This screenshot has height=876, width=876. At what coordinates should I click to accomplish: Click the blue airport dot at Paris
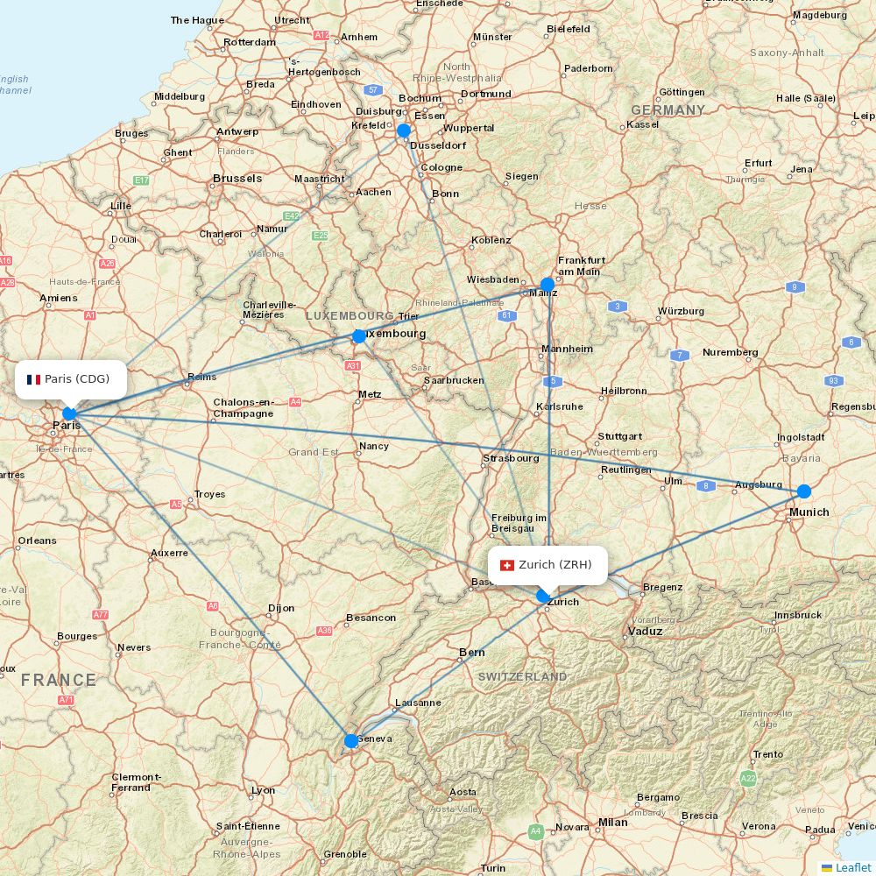coord(69,413)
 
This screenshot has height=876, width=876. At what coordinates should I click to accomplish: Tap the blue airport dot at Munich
coord(803,491)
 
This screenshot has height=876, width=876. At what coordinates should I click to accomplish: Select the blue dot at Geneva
coord(351,741)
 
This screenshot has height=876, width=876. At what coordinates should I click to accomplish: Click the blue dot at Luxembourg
coord(358,336)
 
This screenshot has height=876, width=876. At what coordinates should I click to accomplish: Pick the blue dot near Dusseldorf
coord(404,131)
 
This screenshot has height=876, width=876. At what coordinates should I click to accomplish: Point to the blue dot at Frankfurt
coord(547,284)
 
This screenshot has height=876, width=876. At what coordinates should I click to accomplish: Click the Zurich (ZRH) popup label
coord(555,564)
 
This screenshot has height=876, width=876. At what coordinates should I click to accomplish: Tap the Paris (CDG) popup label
coord(77,378)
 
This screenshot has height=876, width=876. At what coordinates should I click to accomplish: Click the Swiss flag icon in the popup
coord(506,565)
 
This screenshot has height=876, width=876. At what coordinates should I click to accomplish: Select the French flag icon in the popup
coord(33,379)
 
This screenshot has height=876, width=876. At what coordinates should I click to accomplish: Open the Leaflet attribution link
coord(852,867)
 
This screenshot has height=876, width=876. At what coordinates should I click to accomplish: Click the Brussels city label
coord(237,179)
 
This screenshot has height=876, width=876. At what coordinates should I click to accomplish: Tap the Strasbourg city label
coord(511,457)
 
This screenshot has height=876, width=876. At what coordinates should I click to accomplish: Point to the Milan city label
coord(613,823)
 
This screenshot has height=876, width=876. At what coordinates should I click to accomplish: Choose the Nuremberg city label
coord(730,352)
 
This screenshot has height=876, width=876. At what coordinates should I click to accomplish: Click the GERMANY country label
coord(668,110)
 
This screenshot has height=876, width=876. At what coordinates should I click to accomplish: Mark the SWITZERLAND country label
coord(522,677)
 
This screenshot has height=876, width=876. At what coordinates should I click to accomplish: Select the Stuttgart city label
coord(620,436)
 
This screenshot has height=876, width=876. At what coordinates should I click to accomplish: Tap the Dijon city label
coord(281,607)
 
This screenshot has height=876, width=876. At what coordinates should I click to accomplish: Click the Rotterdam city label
coord(250,42)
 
